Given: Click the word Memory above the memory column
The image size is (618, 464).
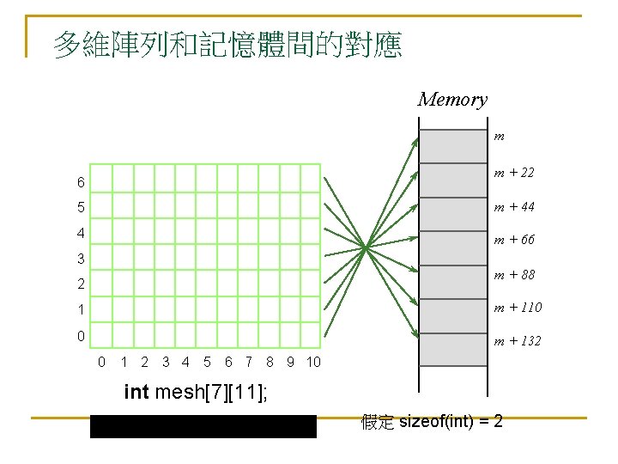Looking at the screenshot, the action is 452,100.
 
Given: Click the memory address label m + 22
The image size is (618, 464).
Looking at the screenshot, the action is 513,173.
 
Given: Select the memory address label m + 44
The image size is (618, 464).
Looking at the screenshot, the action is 513,207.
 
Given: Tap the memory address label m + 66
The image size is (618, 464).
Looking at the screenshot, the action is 513,240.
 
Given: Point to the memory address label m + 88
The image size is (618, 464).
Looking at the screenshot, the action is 513,275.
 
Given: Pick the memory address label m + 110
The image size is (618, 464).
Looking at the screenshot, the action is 516,308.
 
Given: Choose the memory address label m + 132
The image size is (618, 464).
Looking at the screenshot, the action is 516,341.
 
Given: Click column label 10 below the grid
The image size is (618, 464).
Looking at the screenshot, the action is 312,362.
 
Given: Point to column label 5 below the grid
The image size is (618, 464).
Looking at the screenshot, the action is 207,362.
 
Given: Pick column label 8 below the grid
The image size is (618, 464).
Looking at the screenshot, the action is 270,362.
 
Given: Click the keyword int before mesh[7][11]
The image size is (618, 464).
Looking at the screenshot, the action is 136,393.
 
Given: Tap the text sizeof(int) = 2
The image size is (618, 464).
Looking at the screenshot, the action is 451,422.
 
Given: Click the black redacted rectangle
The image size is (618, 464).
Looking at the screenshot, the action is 203,426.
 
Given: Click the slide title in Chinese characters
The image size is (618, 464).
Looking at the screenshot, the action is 227,45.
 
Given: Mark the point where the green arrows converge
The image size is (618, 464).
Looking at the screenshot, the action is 366,247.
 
